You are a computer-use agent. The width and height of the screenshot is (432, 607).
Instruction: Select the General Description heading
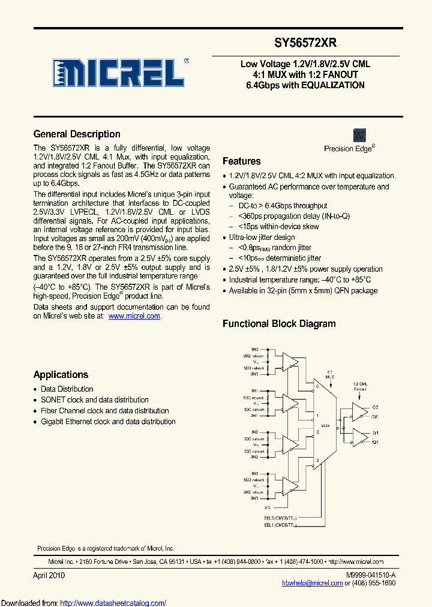click(x=77, y=134)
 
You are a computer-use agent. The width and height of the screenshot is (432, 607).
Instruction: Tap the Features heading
click(x=242, y=161)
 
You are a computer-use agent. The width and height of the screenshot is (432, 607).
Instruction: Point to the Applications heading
click(x=61, y=375)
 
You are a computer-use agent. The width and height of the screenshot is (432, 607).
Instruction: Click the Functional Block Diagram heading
click(x=279, y=324)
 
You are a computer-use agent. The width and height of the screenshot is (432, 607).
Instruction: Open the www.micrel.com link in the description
click(x=134, y=316)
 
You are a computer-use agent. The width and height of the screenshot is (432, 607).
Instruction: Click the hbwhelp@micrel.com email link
click(x=313, y=583)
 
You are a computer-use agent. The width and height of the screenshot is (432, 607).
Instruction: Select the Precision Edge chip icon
click(x=359, y=135)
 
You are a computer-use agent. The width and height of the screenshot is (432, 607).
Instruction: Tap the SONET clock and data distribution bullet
click(x=95, y=400)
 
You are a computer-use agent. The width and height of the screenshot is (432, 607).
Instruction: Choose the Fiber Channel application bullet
click(x=104, y=411)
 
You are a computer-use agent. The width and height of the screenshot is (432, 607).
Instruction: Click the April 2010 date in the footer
click(x=49, y=575)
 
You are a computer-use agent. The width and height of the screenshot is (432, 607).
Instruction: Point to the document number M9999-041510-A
click(x=371, y=575)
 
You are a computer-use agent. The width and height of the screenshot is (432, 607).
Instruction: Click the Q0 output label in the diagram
click(x=375, y=406)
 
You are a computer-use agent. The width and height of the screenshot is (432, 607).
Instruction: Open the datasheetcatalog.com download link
click(x=113, y=603)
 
